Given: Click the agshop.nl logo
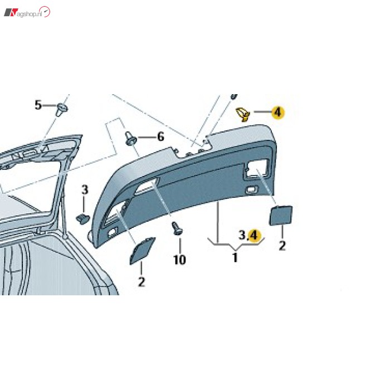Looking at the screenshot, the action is click(27, 12).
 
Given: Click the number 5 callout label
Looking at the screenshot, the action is click(38, 105).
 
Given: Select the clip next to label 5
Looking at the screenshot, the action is click(61, 110).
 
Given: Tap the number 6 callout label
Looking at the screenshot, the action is click(160, 136).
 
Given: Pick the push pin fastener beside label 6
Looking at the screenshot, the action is click(131, 139).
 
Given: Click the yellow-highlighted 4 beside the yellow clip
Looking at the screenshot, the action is click(278, 113).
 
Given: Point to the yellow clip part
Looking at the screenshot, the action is click(242, 114).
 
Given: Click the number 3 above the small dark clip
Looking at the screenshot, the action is click(85, 190).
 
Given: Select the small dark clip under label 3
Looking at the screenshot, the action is click(83, 218).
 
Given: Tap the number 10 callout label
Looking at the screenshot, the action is click(179, 260).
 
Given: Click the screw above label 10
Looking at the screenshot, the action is click(177, 228).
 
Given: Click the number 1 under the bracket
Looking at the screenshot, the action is click(235, 257).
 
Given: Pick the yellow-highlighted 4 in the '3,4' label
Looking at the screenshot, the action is click(254, 236).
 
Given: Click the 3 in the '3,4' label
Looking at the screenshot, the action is click(242, 235).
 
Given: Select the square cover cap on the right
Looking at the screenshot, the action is click(281, 215).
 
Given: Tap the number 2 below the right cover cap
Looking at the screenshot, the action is click(282, 246).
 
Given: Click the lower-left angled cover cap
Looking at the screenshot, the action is click(142, 251).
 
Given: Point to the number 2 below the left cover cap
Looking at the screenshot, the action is click(142, 282).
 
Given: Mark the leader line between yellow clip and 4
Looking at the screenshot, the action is click(262, 112).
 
